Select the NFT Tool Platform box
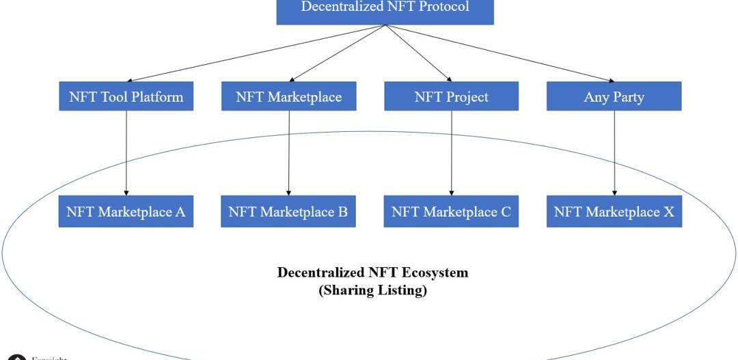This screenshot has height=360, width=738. (126, 96)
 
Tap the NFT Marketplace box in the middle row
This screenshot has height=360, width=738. (288, 96)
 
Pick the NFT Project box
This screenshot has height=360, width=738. (451, 96)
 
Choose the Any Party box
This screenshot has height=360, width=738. (614, 96)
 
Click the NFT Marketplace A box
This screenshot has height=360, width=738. (126, 212)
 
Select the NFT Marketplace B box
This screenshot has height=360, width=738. (288, 212)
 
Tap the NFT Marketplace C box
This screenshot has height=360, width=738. (451, 212)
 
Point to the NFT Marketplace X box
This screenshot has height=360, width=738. (614, 212)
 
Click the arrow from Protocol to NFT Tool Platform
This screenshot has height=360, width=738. (256, 54)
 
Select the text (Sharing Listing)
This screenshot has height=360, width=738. (373, 290)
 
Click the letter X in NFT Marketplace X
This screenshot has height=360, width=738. (668, 212)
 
